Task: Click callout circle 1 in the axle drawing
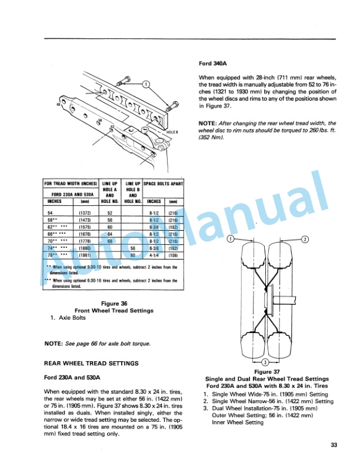[x=146, y=83]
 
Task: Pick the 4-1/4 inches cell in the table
[x=154, y=256]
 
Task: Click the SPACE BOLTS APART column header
[x=163, y=184]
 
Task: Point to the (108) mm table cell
[x=173, y=256]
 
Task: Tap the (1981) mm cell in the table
[x=81, y=256]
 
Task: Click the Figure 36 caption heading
[x=114, y=304]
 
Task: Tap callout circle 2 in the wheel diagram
[x=305, y=239]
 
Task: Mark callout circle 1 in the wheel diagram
[x=231, y=239]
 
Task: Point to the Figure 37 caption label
[x=268, y=372]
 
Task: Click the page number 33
[x=334, y=445]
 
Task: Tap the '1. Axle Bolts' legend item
[x=71, y=318]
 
